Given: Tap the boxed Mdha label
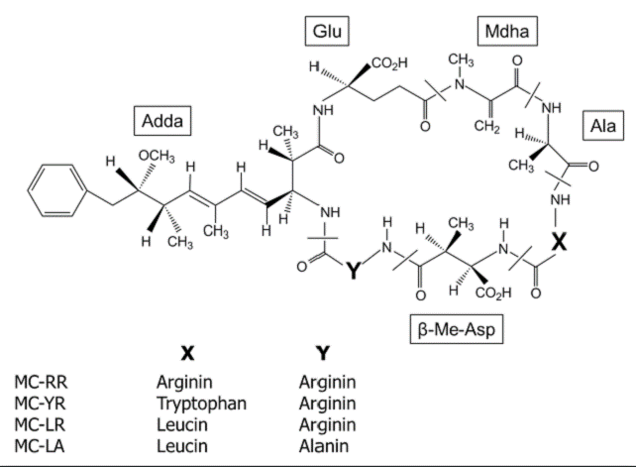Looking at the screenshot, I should point(507,33).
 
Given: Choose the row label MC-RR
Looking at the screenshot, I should point(42,382).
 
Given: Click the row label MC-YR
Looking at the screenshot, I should point(42,403).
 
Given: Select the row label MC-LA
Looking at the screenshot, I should point(41,444).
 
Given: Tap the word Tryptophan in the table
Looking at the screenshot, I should point(201,403).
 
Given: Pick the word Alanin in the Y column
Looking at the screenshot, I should point(327,444).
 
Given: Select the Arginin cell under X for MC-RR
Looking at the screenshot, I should point(188,382).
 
